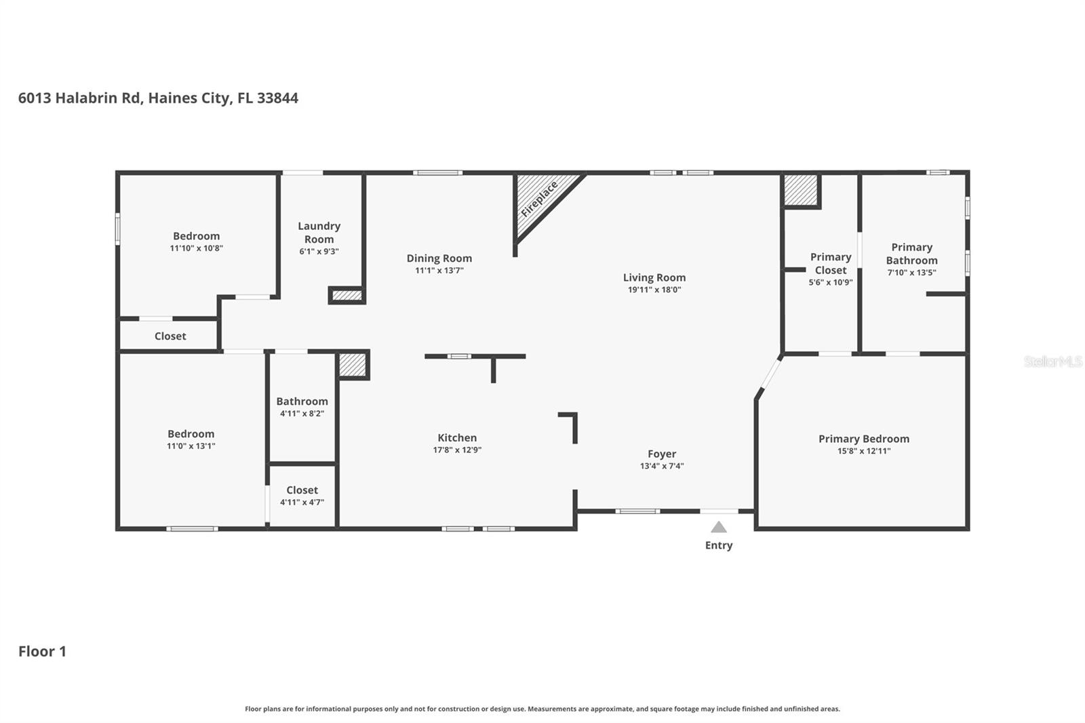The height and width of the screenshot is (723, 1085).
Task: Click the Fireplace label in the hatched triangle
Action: coord(539,199)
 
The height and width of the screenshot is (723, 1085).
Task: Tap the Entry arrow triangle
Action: coord(719,528)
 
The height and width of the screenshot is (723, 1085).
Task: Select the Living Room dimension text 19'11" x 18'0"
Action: coord(654,290)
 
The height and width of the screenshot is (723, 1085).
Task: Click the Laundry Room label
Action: coord(319,232)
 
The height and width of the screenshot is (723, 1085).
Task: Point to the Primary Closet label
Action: coord(830,263)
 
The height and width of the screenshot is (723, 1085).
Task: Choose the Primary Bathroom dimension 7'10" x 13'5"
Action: coord(911,273)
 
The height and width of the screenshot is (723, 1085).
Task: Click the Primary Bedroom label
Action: coord(863,439)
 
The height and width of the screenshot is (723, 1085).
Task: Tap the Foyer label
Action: coord(661,454)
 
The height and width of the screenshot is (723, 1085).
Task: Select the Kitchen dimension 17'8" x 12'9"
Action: coord(457,450)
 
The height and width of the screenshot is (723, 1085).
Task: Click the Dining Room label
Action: coord(439,258)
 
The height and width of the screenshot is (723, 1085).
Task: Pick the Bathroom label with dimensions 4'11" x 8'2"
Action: coord(302,401)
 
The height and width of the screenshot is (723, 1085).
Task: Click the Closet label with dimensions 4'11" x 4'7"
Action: coord(302,490)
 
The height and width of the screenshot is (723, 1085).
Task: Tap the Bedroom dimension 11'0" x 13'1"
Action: coord(191,446)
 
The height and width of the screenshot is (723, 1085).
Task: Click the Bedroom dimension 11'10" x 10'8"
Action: coord(196,248)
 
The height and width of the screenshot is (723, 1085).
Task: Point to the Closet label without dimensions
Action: coord(170,336)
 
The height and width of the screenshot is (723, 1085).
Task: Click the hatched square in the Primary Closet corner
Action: coord(801,190)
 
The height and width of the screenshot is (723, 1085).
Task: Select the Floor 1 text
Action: coord(42,651)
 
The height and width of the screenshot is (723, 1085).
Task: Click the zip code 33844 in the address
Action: coord(277,98)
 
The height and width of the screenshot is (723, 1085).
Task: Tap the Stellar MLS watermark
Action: coord(1052,361)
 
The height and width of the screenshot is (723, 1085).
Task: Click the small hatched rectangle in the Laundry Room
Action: coord(347,295)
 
